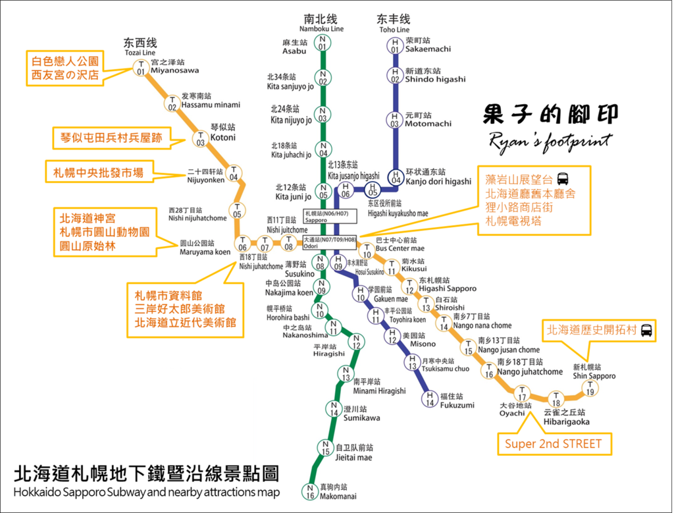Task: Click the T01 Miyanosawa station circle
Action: tap(141, 68)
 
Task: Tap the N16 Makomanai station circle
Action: tap(310, 491)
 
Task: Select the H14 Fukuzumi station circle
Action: tap(430, 398)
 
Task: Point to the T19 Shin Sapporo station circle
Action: tap(590, 389)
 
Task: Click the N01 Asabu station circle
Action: tap(323, 43)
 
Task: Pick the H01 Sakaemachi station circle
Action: tap(395, 45)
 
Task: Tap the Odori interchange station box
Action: tap(330, 242)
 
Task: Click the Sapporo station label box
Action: tap(330, 216)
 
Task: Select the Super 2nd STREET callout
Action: tap(554, 444)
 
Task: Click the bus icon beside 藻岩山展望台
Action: tap(562, 179)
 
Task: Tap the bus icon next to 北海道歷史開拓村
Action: tap(646, 330)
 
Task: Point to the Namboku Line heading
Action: tap(321, 23)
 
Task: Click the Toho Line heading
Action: tap(394, 24)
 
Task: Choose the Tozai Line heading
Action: tap(140, 47)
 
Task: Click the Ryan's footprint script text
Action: tap(551, 142)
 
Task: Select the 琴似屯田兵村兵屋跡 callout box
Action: tap(111, 138)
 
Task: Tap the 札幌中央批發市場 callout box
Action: tap(99, 172)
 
